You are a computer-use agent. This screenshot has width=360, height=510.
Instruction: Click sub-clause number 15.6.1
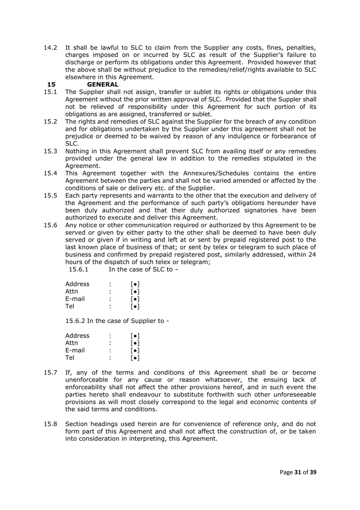(79, 269)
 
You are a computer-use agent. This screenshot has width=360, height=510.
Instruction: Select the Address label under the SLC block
(77, 284)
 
